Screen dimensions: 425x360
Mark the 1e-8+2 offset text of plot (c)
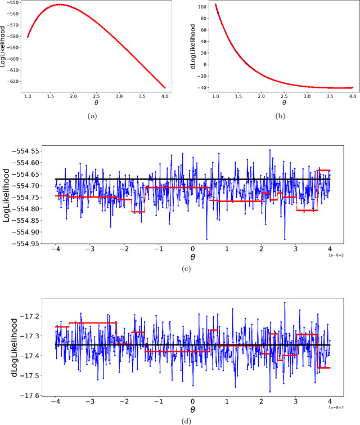(x=337, y=255)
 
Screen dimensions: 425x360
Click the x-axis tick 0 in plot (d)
(x=192, y=404)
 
